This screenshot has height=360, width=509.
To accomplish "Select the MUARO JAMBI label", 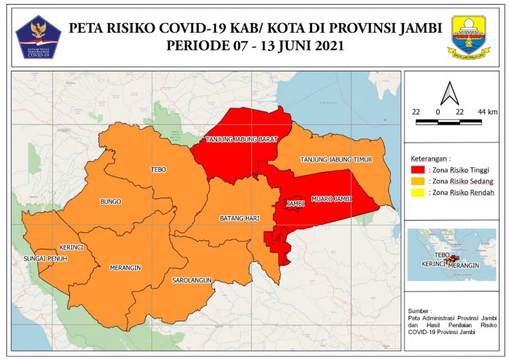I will tap(331, 199).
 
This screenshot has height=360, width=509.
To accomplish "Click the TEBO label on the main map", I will tap(158, 170).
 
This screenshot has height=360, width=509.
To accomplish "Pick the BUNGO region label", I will tap(110, 202).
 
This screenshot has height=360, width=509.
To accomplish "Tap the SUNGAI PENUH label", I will tap(45, 259).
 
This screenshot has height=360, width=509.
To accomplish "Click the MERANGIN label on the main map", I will tap(125, 268).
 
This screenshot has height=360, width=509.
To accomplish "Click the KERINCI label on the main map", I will tap(71, 247).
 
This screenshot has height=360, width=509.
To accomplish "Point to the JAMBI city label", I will tap(294, 203).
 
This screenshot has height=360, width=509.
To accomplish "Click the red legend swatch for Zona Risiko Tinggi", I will tap(418, 168).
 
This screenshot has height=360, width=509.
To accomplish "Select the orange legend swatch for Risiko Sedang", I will tap(418, 181).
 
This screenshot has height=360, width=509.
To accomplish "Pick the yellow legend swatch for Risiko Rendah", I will tap(418, 193).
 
